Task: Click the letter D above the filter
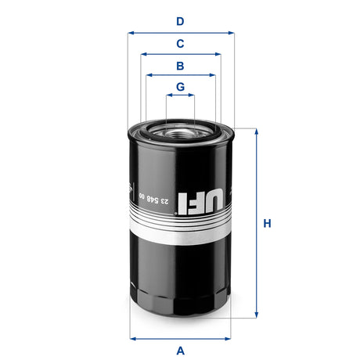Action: pyautogui.click(x=180, y=22)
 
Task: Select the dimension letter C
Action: pyautogui.click(x=180, y=44)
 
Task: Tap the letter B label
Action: pyautogui.click(x=180, y=66)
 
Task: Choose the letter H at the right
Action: pyautogui.click(x=267, y=224)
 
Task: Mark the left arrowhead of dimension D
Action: pyautogui.click(x=131, y=33)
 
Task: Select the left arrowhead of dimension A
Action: pyautogui.click(x=131, y=338)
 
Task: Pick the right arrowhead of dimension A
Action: pyautogui.click(x=230, y=338)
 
